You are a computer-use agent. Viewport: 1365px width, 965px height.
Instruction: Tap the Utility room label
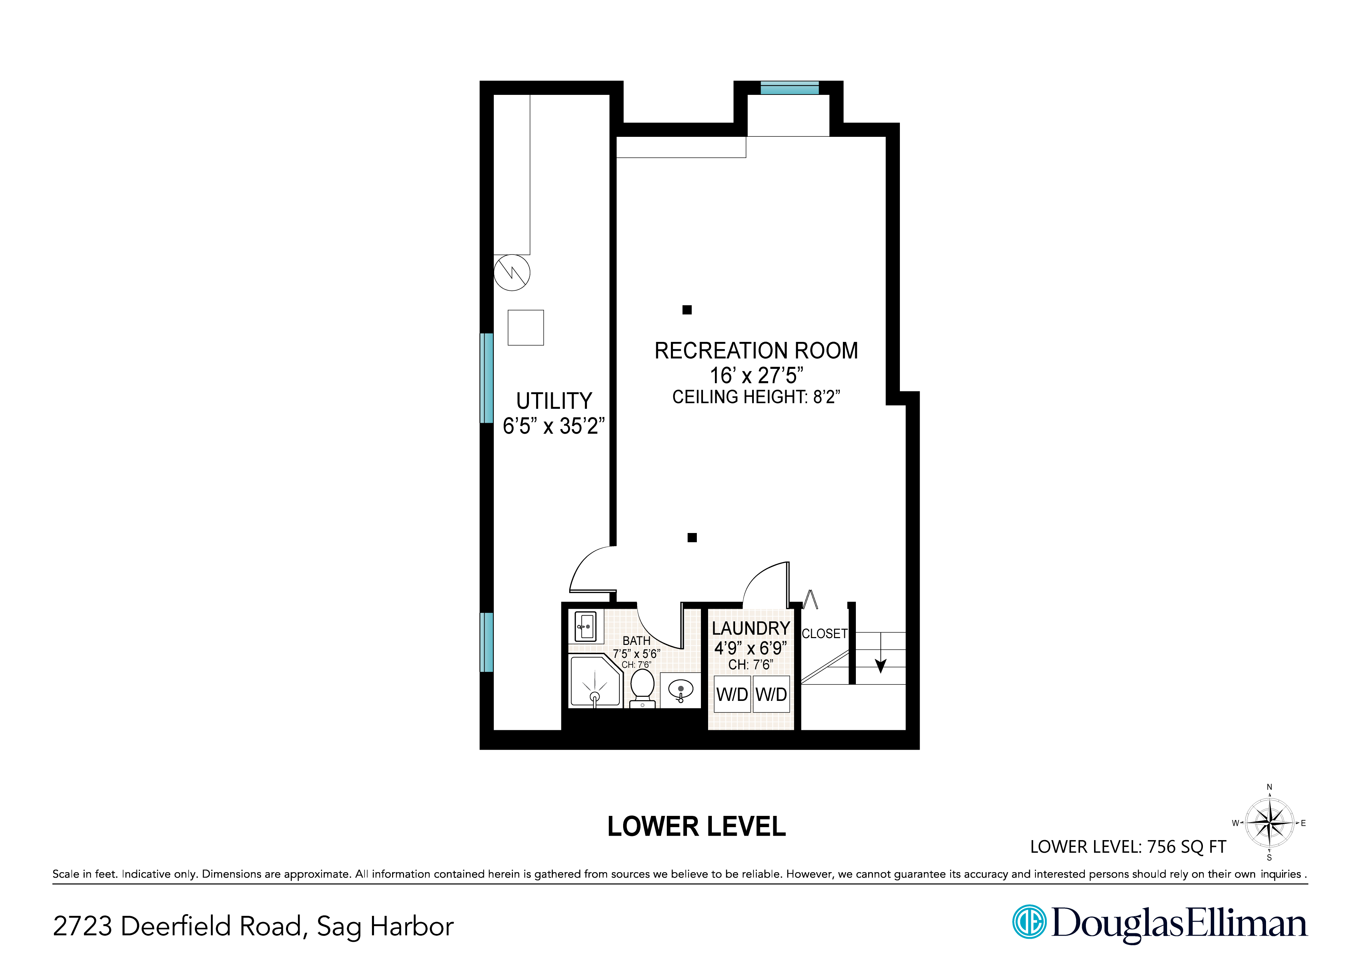(x=554, y=401)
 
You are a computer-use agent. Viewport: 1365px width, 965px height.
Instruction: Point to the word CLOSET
(x=824, y=634)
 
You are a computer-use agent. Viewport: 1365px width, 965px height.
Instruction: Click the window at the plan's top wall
(x=790, y=88)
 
